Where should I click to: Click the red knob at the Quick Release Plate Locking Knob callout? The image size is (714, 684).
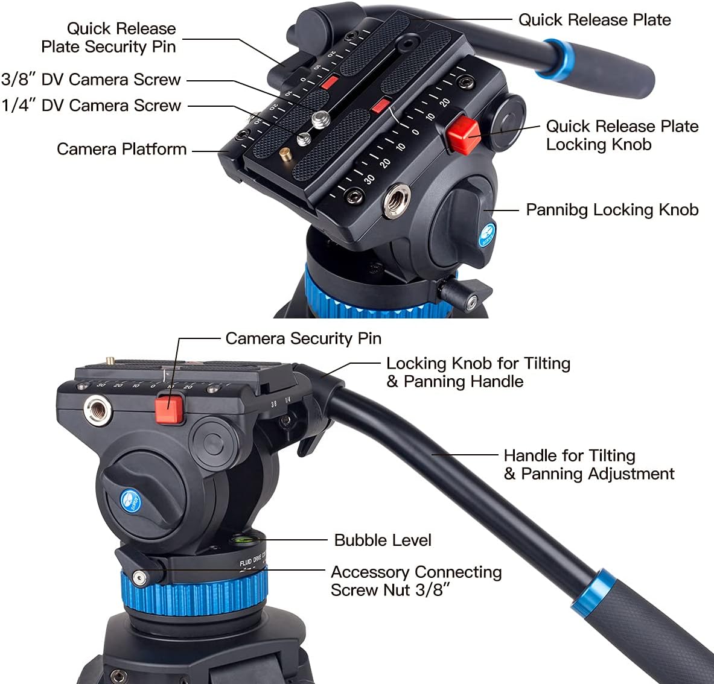(x=463, y=135)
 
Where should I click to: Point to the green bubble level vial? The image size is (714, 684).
(x=238, y=540)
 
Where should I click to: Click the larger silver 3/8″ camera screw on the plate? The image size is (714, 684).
(x=322, y=119)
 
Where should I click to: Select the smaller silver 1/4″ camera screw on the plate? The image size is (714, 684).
(x=304, y=138)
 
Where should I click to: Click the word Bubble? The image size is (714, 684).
(x=357, y=540)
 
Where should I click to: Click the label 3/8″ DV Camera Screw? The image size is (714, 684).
(x=91, y=80)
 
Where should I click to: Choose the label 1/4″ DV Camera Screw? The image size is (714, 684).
(x=91, y=106)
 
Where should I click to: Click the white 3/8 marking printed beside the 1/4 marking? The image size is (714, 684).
(x=273, y=403)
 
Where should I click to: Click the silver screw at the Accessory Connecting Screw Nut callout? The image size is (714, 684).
(x=139, y=577)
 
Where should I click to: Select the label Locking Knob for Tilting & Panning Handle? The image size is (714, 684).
(x=478, y=372)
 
